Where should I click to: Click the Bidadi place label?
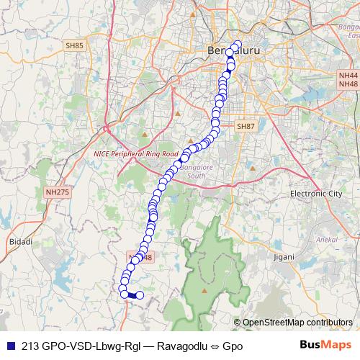[21, 242]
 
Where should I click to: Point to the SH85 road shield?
[74, 46]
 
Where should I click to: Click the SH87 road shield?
[246, 126]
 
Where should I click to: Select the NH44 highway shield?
[348, 75]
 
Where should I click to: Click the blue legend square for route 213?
[9, 346]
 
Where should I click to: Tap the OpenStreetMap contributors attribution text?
[297, 322]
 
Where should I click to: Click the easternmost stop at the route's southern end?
[140, 295]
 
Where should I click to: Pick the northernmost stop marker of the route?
[237, 45]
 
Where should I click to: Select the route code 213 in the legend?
[31, 346]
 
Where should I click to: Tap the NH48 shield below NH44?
[348, 84]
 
